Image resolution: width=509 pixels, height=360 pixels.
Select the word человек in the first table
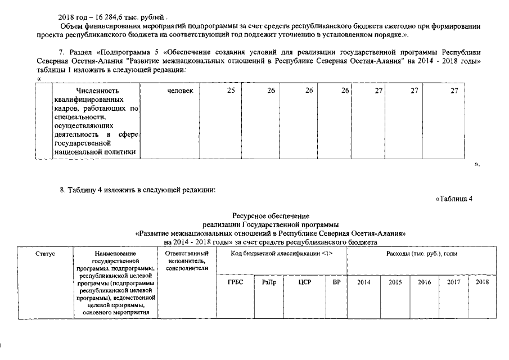(x=181, y=91)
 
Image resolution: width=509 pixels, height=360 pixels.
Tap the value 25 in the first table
(x=231, y=91)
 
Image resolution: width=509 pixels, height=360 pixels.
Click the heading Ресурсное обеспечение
(x=271, y=215)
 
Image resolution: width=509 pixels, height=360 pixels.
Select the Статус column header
(x=45, y=254)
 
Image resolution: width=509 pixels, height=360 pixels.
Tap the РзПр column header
(x=269, y=282)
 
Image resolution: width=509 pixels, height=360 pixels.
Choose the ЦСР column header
(x=305, y=282)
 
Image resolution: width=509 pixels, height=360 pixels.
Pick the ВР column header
(x=337, y=282)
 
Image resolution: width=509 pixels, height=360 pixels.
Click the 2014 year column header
(x=364, y=282)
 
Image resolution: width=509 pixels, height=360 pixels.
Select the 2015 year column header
(x=395, y=282)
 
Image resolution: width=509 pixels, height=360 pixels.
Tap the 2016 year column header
(x=425, y=282)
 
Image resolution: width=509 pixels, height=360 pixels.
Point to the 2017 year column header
(x=454, y=282)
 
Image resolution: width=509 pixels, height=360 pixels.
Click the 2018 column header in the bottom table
(x=483, y=282)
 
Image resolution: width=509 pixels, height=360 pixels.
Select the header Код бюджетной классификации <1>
(x=282, y=254)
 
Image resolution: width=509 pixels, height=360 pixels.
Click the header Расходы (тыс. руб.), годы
(x=421, y=254)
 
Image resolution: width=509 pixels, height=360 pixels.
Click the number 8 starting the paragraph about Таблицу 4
(x=62, y=190)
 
